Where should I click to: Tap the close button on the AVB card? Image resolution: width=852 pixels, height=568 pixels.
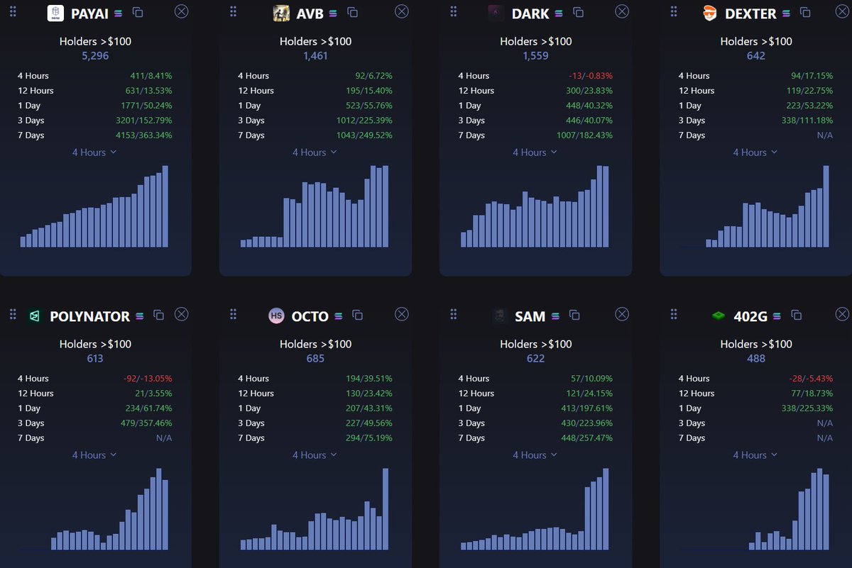(401, 11)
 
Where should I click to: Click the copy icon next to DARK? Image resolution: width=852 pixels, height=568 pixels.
(579, 12)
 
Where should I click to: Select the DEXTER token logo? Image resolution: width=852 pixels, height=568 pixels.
(709, 13)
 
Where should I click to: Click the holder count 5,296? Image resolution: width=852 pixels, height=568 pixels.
(95, 55)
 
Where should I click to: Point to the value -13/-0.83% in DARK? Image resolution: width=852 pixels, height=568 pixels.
(591, 76)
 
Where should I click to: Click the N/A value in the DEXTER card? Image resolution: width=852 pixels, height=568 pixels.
(825, 135)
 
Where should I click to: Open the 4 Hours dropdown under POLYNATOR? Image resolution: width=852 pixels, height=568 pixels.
(94, 455)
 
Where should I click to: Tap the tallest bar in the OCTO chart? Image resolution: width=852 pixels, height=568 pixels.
(386, 508)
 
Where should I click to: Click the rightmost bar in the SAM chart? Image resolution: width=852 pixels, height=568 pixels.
(606, 508)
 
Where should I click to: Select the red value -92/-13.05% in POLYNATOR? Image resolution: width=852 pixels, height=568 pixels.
(147, 379)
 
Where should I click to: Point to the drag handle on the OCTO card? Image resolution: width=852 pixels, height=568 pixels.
(233, 314)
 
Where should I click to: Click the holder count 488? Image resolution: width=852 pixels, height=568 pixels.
(756, 358)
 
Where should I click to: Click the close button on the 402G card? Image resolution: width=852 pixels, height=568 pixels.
(842, 314)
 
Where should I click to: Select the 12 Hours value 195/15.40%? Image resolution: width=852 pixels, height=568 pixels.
(368, 91)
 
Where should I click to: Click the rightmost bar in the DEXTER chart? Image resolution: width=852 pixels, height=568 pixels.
(826, 206)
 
